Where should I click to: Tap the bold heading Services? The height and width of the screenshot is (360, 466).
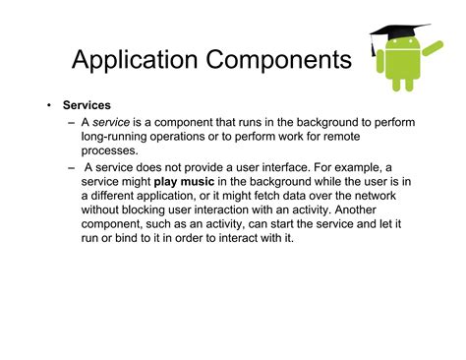coord(87,103)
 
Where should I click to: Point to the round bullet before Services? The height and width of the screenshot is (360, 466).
coord(47,103)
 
